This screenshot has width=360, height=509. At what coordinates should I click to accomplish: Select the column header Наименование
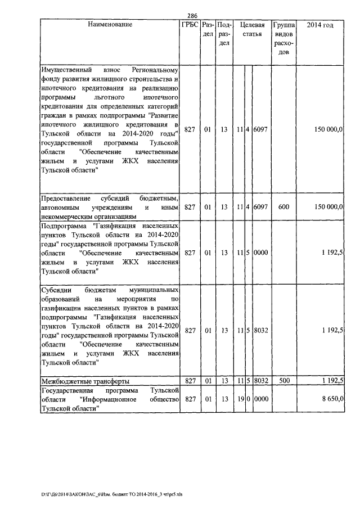(110, 25)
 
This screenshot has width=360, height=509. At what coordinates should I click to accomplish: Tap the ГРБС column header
(190, 25)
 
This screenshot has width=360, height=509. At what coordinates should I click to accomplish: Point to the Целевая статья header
(252, 30)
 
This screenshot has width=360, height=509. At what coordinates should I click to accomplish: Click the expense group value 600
(283, 207)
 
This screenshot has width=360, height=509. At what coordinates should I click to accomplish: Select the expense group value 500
(283, 381)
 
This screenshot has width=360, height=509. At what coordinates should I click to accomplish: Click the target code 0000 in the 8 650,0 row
(260, 399)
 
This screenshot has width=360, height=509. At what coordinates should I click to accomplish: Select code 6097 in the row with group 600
(260, 207)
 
